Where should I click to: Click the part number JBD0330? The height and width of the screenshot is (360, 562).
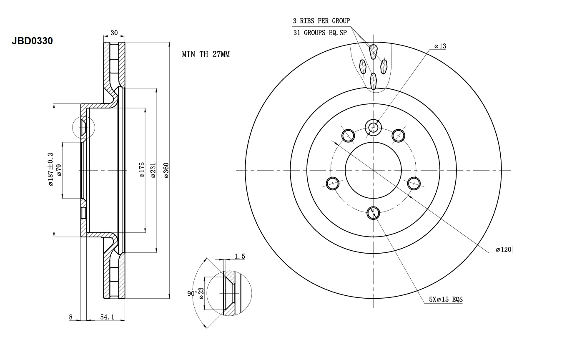pyautogui.click(x=32, y=40)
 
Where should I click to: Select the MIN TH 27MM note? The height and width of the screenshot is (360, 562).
pyautogui.click(x=206, y=54)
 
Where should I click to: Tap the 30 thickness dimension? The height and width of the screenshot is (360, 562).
pyautogui.click(x=114, y=33)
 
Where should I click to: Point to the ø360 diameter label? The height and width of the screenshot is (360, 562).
pyautogui.click(x=166, y=171)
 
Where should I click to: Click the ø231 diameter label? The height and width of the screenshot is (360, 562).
pyautogui.click(x=153, y=171)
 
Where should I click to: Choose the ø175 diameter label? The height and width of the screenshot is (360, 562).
pyautogui.click(x=142, y=170)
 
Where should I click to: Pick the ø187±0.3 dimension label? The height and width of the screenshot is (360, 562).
pyautogui.click(x=50, y=169)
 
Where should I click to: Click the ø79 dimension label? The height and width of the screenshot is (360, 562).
pyautogui.click(x=59, y=170)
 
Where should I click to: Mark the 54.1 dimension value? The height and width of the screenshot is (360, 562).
pyautogui.click(x=107, y=317)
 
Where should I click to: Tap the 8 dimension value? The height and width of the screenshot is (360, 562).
pyautogui.click(x=71, y=317)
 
